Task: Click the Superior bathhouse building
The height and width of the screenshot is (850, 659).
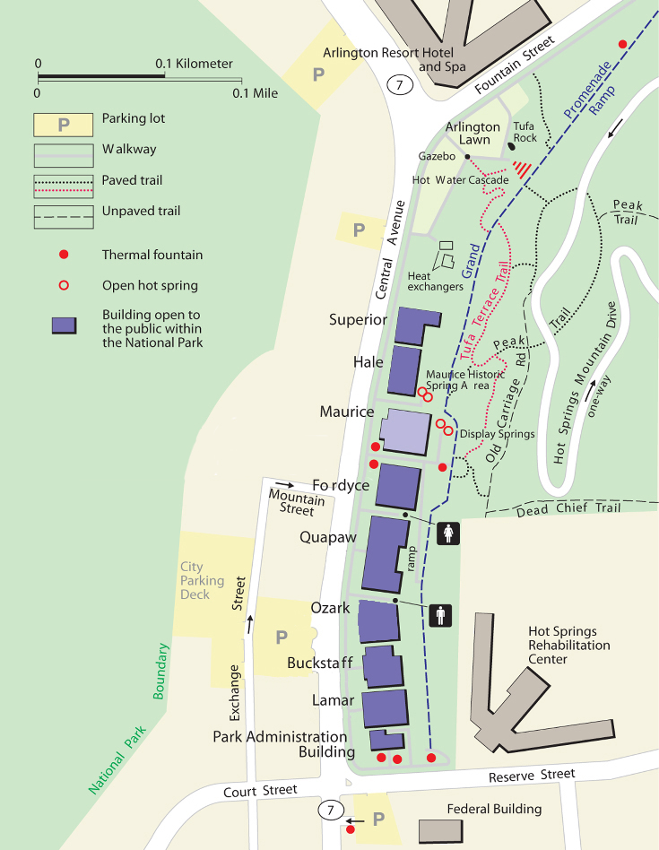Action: click(x=414, y=325)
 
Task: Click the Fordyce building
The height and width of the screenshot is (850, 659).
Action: click(x=397, y=487)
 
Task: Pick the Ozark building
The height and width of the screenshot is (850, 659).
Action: click(x=378, y=621)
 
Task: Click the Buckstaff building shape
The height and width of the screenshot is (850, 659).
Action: click(x=383, y=666)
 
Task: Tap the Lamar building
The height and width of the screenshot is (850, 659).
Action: click(x=386, y=708)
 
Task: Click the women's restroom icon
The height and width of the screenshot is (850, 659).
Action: click(x=448, y=533)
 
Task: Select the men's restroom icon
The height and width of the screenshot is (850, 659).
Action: click(x=439, y=615)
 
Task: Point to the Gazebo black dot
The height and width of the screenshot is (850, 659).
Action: click(x=467, y=156)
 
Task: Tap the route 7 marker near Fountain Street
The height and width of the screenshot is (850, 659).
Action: click(x=400, y=85)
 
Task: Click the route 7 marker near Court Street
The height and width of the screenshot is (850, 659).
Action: click(x=332, y=811)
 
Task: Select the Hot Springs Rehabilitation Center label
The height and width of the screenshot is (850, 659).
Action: click(x=568, y=646)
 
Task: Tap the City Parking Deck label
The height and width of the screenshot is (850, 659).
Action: click(x=195, y=580)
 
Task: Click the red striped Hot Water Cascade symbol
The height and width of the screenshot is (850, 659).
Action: click(x=521, y=169)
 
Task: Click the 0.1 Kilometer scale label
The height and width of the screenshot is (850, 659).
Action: click(x=195, y=65)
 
